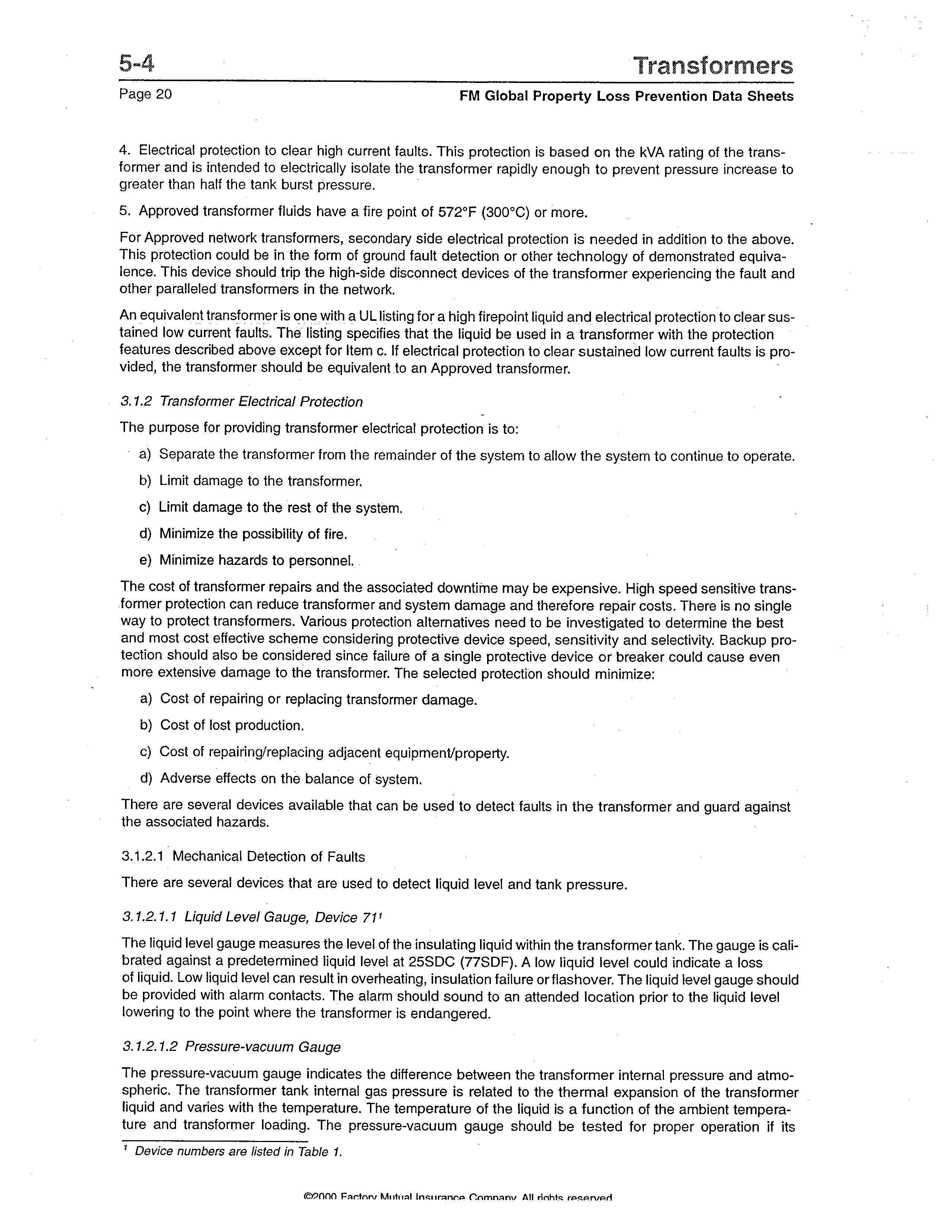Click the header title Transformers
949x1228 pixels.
pos(713,66)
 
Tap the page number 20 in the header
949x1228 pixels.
pos(164,95)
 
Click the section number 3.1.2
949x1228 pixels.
pos(137,402)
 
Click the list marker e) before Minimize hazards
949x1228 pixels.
pos(146,560)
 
